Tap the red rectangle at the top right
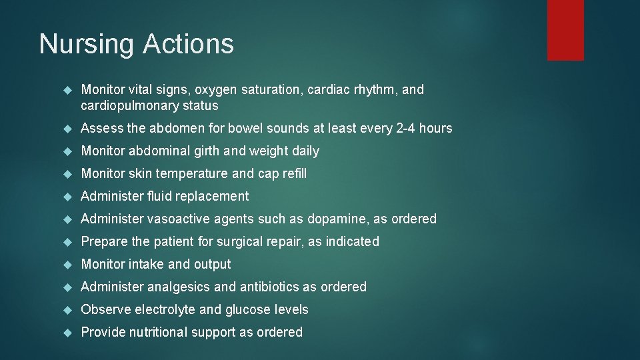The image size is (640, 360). coord(565,30)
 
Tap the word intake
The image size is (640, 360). coord(145,264)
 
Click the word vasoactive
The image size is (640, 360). coord(178,219)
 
